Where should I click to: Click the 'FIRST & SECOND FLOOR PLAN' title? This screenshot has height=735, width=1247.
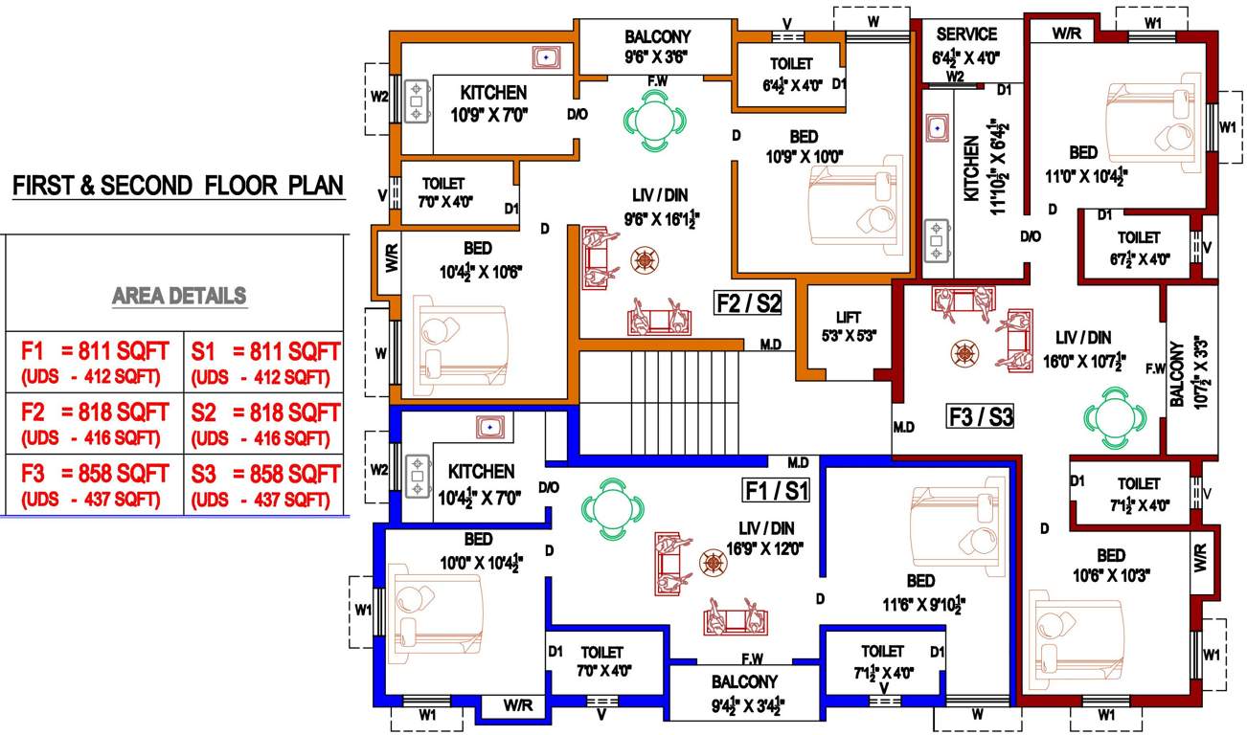(x=178, y=185)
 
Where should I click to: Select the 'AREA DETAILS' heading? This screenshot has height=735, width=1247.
(x=179, y=296)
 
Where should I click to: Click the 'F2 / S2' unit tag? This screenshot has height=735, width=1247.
(x=749, y=304)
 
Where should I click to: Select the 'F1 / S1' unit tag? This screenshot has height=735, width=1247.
(x=777, y=492)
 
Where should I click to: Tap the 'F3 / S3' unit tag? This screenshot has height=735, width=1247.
(x=980, y=416)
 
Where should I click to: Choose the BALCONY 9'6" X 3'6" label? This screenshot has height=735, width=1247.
(x=657, y=46)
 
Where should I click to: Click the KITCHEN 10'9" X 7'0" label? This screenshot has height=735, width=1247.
(x=493, y=103)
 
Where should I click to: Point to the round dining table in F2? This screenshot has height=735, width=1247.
(x=656, y=121)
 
